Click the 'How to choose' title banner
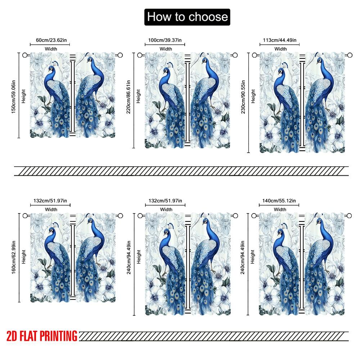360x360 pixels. (x=187, y=17)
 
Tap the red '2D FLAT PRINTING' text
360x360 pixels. (x=42, y=336)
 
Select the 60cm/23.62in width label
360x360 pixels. (x=50, y=40)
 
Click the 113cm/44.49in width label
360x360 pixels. (x=280, y=40)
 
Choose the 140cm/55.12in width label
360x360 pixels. (x=280, y=201)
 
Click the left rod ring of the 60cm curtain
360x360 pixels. (x=25, y=55)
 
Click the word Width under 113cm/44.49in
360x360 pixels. (x=280, y=49)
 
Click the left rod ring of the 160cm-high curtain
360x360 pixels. (x=25, y=216)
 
